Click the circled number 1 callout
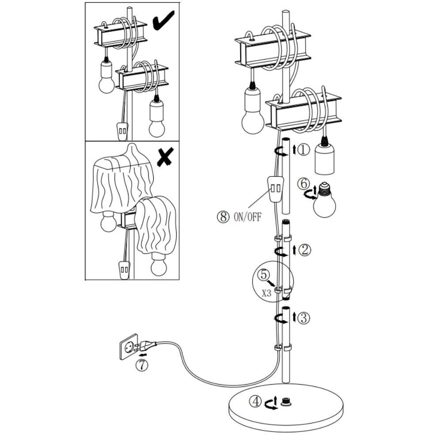pos(304,150)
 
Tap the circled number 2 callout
pos(305,250)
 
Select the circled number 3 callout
pos(304,317)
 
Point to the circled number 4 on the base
pos(255,402)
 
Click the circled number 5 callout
pos(264,275)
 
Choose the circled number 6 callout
pos(303,184)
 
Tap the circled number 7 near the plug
pos(142,365)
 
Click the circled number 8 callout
pos(223,217)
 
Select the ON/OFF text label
pos(247,217)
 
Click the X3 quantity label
pos(267,293)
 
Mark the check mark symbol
pos(163,20)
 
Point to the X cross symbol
pos(165,156)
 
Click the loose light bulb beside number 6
pos(324,200)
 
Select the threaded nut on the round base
pos(286,402)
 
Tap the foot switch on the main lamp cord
pos(276,189)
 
